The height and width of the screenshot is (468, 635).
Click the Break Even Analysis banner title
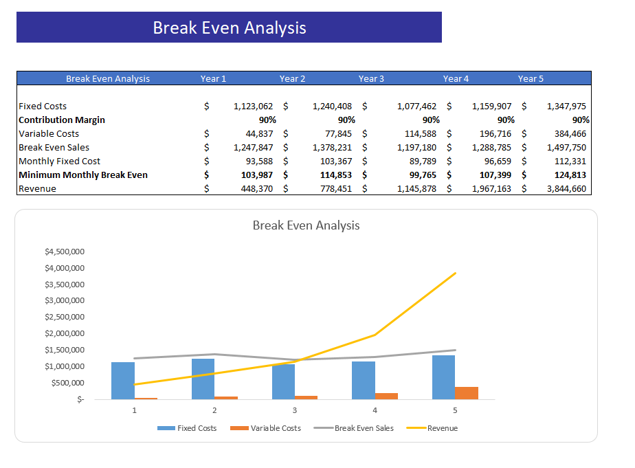229,27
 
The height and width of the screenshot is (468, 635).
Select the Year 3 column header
371,78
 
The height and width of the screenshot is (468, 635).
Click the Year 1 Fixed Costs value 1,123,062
253,107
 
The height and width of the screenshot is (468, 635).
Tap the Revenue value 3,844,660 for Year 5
566,189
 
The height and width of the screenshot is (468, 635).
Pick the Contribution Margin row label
62,120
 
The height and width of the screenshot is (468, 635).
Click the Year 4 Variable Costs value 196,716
491,134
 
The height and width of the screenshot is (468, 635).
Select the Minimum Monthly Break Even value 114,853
333,175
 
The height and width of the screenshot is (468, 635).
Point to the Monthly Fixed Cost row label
60,161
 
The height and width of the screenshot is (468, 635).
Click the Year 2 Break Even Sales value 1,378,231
333,148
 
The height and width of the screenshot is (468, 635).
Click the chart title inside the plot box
306,225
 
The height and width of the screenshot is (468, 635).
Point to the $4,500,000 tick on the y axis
65,252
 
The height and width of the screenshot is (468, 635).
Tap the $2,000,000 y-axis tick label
65,333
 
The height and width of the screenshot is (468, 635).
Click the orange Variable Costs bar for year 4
386,396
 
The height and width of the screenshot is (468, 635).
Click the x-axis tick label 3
295,410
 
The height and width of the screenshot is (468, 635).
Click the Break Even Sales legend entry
364,428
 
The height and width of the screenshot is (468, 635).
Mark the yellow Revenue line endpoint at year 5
455,274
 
